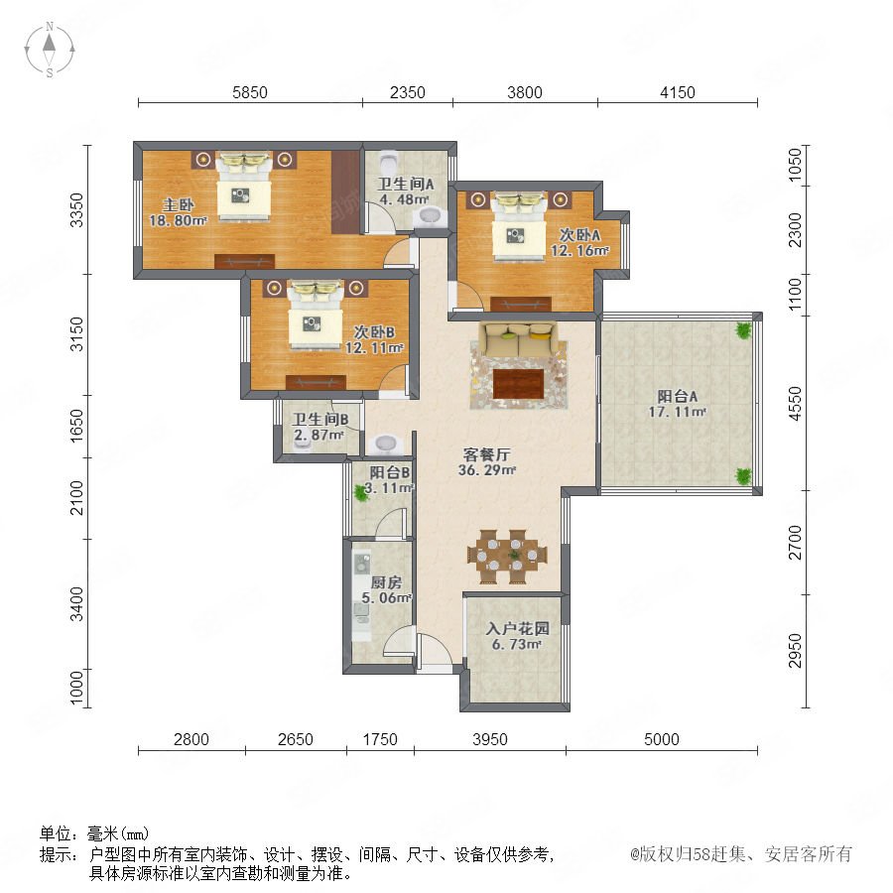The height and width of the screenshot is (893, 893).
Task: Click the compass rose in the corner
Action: pos(50,49)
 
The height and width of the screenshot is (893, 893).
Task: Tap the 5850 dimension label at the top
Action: pos(249,92)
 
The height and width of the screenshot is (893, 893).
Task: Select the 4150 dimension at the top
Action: pos(677,92)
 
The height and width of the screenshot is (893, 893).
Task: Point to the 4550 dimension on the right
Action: pos(795,403)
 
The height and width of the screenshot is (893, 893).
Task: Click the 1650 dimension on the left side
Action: pos(76,426)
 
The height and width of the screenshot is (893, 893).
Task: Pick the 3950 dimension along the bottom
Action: pos(490,739)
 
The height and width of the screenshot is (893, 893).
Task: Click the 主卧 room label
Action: pos(179,204)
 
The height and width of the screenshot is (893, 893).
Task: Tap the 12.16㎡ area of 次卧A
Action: pos(579,250)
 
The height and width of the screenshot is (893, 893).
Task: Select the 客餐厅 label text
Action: pos(486,454)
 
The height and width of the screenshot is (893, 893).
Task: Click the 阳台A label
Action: pos(677,396)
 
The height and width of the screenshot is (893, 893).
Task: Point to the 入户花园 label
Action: pos(517,629)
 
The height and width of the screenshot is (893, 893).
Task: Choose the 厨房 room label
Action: pos(386,582)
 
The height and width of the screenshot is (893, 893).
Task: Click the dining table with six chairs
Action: pos(507,557)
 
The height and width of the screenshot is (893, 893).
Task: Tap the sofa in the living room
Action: pos(518,338)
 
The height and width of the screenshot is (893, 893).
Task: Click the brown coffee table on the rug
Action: pos(518,384)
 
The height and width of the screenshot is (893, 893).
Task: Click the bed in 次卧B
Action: pos(315,315)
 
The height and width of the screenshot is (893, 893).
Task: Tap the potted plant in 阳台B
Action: pos(360,492)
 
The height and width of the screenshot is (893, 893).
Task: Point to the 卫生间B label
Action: pos(320,420)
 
